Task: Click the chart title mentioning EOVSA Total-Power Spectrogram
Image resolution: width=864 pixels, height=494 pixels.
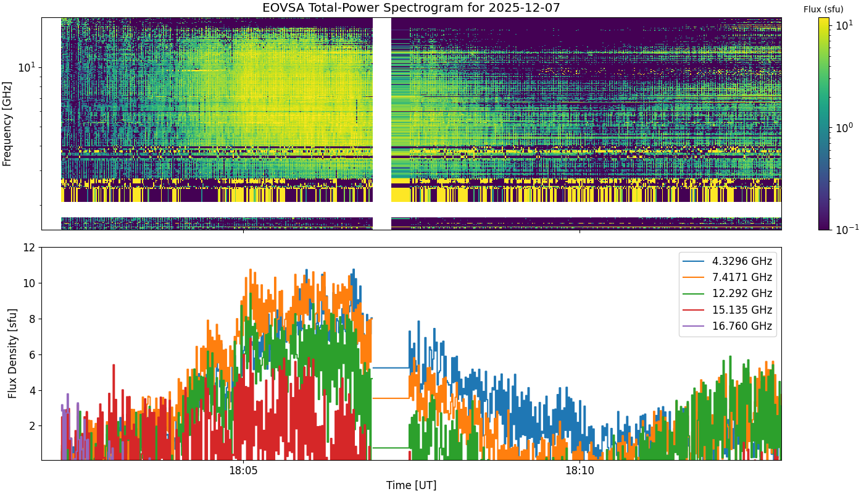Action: pos(411,7)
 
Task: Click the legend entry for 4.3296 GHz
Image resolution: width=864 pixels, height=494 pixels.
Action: pos(728,261)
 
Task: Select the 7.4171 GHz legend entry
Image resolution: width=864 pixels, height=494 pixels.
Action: pos(728,277)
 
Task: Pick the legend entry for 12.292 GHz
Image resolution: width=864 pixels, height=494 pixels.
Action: pos(728,294)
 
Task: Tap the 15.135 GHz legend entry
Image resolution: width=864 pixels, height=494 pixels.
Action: pos(728,310)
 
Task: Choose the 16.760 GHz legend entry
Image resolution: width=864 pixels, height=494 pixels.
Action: pos(728,326)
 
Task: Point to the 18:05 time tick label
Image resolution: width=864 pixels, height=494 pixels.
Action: pos(243,471)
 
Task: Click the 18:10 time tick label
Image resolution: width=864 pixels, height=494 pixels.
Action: pos(579,471)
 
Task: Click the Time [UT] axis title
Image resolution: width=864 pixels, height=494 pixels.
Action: pos(411,485)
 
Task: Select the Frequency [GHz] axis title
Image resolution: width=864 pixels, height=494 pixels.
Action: pos(7,124)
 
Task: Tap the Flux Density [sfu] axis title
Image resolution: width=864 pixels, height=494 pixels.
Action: pos(12,353)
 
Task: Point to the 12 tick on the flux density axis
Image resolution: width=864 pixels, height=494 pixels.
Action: pos(29,248)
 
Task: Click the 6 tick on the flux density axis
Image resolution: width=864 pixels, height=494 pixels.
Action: pos(32,354)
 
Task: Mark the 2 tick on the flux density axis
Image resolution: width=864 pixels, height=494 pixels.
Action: pos(32,426)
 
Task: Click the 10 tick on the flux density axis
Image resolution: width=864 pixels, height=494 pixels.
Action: pos(29,283)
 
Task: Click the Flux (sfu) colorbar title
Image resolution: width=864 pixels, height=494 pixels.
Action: pos(823,10)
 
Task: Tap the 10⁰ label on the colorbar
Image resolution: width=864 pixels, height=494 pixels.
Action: pos(844,127)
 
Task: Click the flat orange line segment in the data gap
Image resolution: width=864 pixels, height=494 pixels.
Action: pos(390,398)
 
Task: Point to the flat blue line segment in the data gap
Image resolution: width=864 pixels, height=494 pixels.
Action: pos(390,368)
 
